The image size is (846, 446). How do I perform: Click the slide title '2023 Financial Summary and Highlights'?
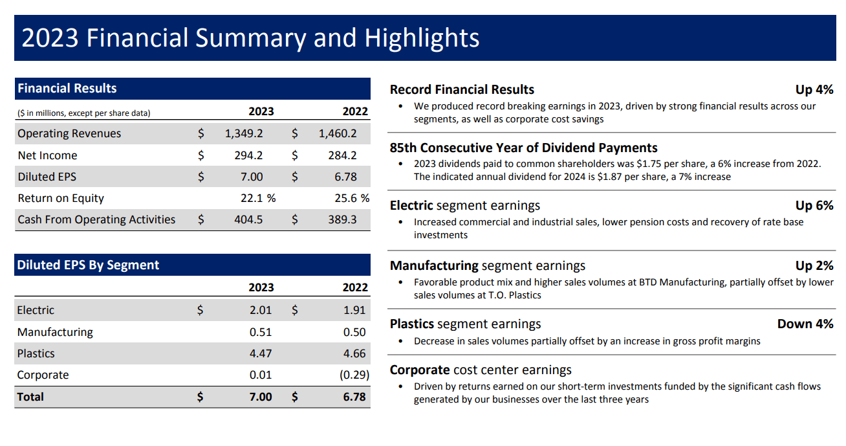point(250,38)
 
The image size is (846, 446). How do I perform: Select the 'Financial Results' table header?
point(67,89)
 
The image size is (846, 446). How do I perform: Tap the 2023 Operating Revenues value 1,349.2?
point(244,134)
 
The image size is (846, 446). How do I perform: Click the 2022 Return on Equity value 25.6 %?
point(351,198)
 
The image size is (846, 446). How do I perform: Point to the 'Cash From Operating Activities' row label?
point(96,219)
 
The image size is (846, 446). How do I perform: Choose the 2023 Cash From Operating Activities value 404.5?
point(248,219)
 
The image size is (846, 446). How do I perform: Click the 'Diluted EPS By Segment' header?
point(88,265)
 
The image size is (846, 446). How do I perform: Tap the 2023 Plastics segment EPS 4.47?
point(261,353)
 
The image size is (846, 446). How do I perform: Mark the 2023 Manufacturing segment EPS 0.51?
point(261,332)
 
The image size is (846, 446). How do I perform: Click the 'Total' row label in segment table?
point(30,397)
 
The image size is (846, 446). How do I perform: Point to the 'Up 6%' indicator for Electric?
point(814,206)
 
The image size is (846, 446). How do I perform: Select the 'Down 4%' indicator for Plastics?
point(805,324)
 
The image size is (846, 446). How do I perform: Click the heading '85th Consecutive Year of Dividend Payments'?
point(523,148)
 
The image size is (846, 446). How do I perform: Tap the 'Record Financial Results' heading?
point(462,89)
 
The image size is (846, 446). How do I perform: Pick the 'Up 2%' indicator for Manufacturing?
point(814,265)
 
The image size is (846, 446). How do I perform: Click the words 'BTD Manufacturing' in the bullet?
point(681,282)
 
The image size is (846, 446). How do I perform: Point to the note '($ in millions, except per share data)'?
point(84,113)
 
